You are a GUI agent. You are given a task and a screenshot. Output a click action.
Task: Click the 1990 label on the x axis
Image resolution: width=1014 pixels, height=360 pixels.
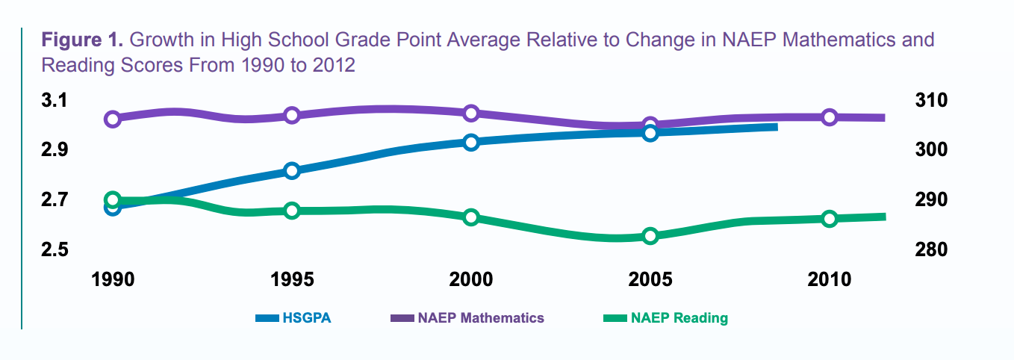tap(112, 279)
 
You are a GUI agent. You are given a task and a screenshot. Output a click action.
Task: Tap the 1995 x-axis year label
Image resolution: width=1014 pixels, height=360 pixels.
tap(292, 279)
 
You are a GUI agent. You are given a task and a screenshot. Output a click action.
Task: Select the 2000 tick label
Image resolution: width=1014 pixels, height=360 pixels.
tap(471, 279)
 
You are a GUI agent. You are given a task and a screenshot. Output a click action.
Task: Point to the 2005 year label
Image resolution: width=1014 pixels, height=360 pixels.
tap(650, 279)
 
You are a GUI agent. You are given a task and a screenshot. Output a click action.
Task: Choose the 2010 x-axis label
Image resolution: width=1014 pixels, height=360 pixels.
tap(830, 279)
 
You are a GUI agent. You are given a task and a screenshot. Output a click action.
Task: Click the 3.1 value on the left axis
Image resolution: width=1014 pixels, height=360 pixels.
tap(56, 100)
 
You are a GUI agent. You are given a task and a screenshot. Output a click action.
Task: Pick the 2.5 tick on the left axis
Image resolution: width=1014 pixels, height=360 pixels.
tap(56, 249)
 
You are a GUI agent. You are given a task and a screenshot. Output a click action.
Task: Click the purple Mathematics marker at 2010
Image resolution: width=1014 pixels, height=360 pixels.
tap(830, 117)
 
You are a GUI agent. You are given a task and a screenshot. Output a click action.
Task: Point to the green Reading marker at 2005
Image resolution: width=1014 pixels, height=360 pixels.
tap(650, 236)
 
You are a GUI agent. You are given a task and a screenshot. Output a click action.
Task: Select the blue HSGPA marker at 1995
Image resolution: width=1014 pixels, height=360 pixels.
tap(292, 170)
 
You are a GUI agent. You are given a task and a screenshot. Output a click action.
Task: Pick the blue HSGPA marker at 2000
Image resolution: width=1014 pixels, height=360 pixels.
tap(471, 142)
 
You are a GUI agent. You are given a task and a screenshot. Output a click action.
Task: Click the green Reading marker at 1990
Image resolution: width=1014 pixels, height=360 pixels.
tap(113, 199)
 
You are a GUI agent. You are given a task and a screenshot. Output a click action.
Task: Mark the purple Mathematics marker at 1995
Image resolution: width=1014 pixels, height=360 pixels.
tap(292, 115)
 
